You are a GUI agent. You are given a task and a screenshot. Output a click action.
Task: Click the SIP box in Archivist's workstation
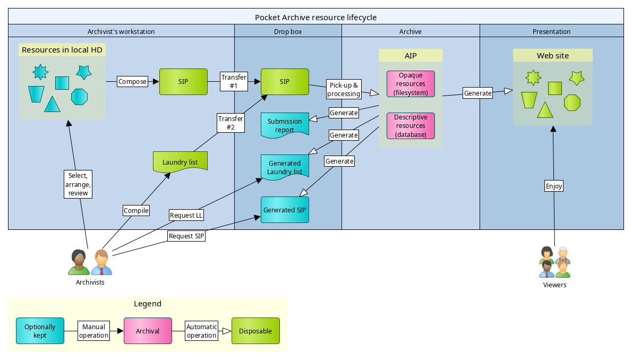[183, 82]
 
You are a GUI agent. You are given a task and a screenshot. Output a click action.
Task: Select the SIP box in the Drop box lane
[285, 82]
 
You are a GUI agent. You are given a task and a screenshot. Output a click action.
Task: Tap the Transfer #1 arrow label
[234, 81]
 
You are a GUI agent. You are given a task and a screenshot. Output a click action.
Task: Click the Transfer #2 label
[230, 123]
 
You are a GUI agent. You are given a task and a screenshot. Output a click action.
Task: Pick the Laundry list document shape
[180, 162]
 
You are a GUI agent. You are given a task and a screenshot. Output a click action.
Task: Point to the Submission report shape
[285, 125]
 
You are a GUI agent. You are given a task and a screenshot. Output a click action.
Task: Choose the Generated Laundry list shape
[285, 167]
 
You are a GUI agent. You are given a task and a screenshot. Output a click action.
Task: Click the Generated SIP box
[285, 210]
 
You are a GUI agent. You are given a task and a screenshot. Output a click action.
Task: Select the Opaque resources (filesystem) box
[411, 84]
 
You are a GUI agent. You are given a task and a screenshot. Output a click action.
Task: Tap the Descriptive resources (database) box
[411, 126]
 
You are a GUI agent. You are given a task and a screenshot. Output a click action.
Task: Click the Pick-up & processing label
[344, 89]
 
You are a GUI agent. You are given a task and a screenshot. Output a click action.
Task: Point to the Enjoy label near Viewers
[554, 186]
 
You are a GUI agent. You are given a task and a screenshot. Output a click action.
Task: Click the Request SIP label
[186, 236]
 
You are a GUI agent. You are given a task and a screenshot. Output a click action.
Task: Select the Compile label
[136, 211]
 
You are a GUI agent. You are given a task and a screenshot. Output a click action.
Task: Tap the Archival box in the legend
[148, 331]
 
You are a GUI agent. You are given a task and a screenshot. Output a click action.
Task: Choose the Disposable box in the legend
[255, 331]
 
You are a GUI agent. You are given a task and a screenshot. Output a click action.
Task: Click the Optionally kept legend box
[40, 331]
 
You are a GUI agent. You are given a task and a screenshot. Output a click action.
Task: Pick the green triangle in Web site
[545, 110]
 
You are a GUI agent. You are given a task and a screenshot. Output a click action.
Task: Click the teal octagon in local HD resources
[79, 97]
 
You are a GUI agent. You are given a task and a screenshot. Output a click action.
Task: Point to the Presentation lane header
[551, 31]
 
